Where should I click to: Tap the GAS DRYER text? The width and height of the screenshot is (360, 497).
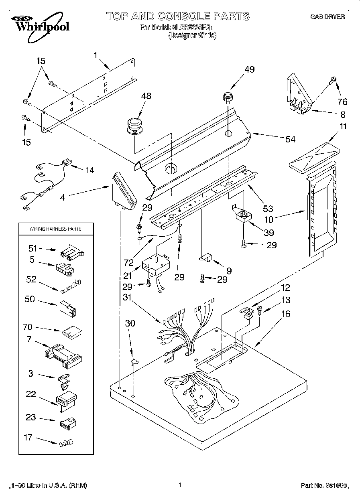[x=327, y=17]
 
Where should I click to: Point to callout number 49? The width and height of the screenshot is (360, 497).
[x=249, y=69]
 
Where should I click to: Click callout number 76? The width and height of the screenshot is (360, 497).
[x=342, y=101]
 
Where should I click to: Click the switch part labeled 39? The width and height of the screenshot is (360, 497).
[x=244, y=217]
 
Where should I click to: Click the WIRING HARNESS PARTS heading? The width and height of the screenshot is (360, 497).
[x=55, y=229]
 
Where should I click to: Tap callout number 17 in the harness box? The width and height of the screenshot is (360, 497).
[x=27, y=437]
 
